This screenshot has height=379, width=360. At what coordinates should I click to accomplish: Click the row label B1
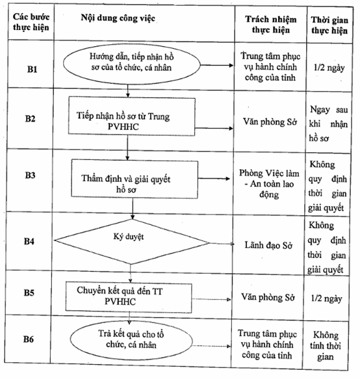[x=32, y=70]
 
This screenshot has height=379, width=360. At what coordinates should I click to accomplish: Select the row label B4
[x=29, y=241]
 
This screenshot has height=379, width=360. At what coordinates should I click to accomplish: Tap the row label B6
[x=29, y=339]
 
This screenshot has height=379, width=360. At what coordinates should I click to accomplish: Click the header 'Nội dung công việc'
[x=118, y=18]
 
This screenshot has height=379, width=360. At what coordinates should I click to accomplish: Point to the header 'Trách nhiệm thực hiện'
[x=271, y=25]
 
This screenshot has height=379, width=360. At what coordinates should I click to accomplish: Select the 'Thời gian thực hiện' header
[x=329, y=25]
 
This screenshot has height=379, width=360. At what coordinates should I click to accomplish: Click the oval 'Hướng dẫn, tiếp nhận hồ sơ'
[x=132, y=64]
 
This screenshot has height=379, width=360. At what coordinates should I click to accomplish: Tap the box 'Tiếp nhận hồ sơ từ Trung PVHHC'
[x=132, y=116]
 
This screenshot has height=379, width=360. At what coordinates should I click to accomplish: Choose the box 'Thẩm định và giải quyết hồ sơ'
[x=135, y=179]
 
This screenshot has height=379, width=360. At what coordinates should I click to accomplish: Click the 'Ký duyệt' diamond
[x=132, y=241]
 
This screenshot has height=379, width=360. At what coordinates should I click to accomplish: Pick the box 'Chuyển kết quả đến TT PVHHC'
[x=129, y=297]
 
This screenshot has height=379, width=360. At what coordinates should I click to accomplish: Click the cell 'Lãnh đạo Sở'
[x=268, y=245]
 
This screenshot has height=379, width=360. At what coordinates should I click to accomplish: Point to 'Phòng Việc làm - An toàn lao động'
[x=269, y=184]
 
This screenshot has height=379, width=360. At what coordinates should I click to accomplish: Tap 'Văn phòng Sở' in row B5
[x=268, y=298]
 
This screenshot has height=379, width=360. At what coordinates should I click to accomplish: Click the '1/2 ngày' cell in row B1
[x=329, y=68]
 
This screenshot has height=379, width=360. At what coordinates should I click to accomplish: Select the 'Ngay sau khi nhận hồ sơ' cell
[x=328, y=124]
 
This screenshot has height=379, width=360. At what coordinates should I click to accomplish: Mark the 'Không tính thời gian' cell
[x=326, y=346]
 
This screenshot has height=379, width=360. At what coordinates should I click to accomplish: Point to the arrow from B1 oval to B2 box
[x=128, y=90]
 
